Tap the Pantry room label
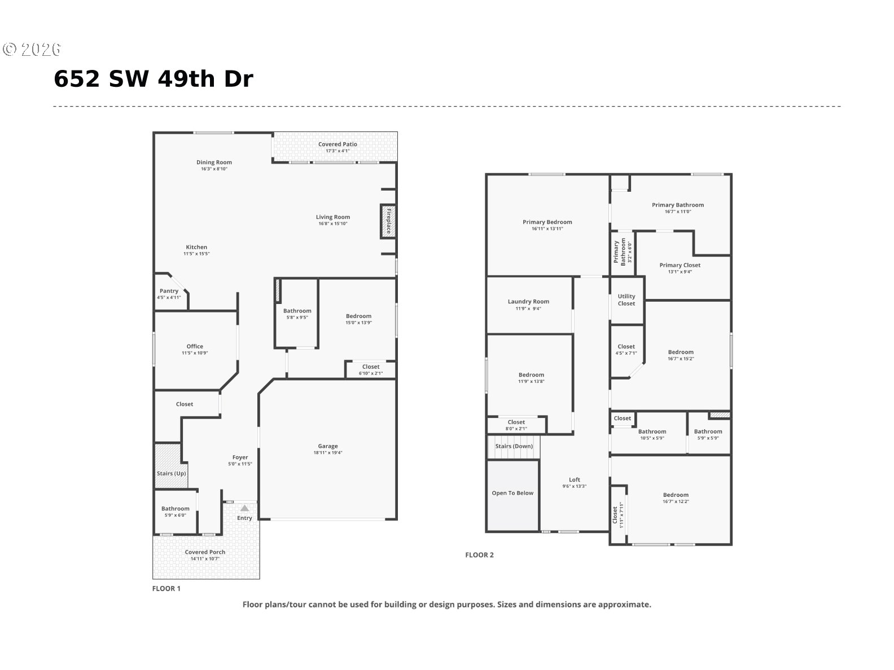pyautogui.click(x=169, y=291)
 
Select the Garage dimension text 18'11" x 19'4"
pyautogui.click(x=327, y=453)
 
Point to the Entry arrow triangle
pyautogui.click(x=244, y=508)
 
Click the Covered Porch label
pyautogui.click(x=205, y=552)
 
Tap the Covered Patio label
pyautogui.click(x=338, y=144)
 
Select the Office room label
pyautogui.click(x=195, y=346)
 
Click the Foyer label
pyautogui.click(x=240, y=457)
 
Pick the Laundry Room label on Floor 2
pyautogui.click(x=528, y=302)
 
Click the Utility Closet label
pyautogui.click(x=626, y=299)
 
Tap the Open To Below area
pyautogui.click(x=512, y=493)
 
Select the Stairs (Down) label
pyautogui.click(x=514, y=446)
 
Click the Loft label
pyautogui.click(x=575, y=480)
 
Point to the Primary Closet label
pyautogui.click(x=680, y=265)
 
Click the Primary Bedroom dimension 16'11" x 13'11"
pyautogui.click(x=547, y=229)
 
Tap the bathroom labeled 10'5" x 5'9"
pyautogui.click(x=652, y=434)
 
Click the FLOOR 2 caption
pyautogui.click(x=479, y=555)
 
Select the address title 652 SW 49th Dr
pyautogui.click(x=154, y=80)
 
